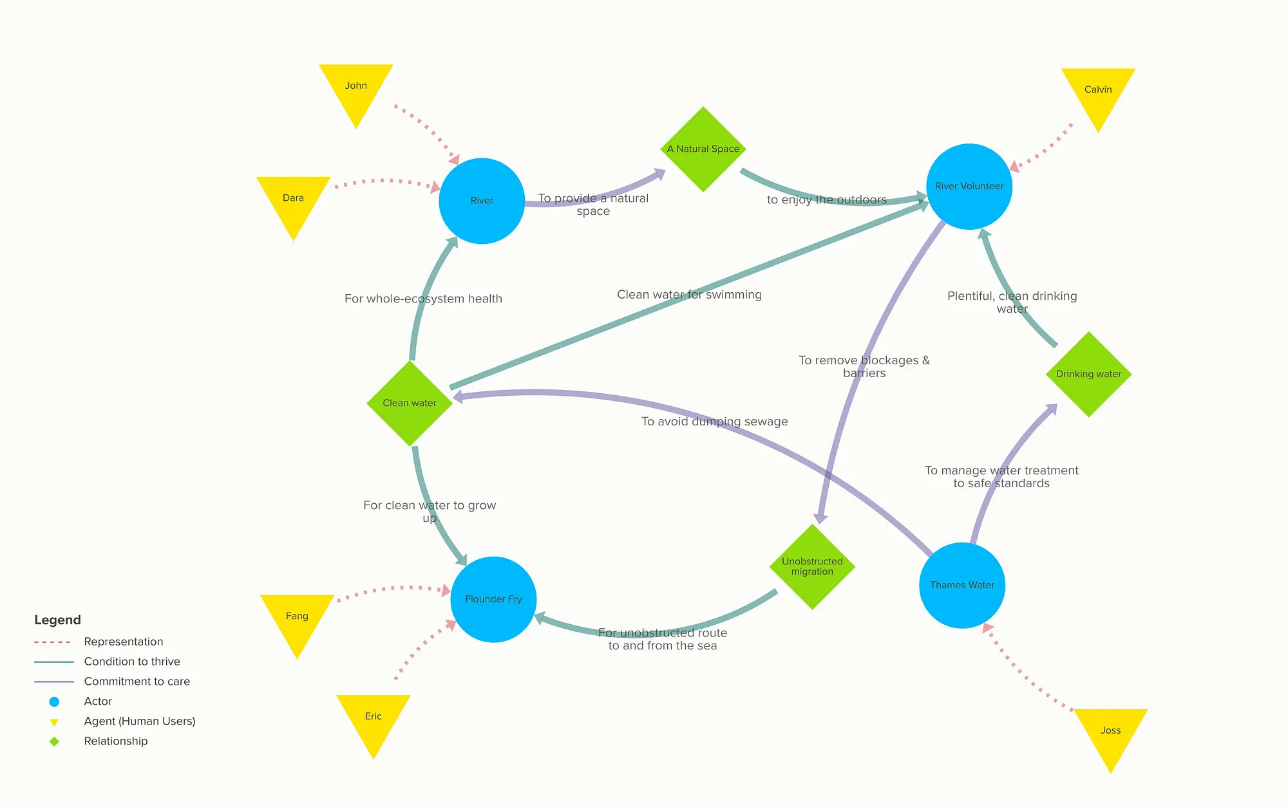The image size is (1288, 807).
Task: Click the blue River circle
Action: pyautogui.click(x=482, y=201)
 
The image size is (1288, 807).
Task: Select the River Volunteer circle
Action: pyautogui.click(x=969, y=187)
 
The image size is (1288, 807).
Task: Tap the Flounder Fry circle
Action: pyautogui.click(x=493, y=599)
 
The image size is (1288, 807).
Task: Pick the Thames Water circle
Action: pyautogui.click(x=962, y=585)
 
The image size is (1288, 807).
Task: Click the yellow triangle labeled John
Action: pyautogui.click(x=356, y=88)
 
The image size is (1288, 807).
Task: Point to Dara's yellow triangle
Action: pyautogui.click(x=293, y=200)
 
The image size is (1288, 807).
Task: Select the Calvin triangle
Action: pyautogui.click(x=1098, y=92)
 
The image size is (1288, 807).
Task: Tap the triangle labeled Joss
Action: pyautogui.click(x=1111, y=732)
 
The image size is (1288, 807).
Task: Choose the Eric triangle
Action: pyautogui.click(x=374, y=718)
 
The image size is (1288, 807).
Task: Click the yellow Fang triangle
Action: pyautogui.click(x=297, y=618)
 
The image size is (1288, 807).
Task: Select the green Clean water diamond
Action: pyautogui.click(x=410, y=403)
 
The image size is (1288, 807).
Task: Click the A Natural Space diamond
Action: pyautogui.click(x=703, y=149)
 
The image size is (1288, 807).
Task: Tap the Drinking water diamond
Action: pyautogui.click(x=1088, y=374)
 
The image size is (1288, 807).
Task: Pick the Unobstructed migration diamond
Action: pyautogui.click(x=812, y=566)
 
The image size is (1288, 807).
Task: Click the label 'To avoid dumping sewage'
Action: pyautogui.click(x=714, y=422)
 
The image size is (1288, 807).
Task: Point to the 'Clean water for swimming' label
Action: pyautogui.click(x=689, y=295)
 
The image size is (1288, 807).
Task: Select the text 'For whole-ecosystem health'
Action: pyautogui.click(x=423, y=299)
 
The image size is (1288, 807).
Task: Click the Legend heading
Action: pyautogui.click(x=57, y=620)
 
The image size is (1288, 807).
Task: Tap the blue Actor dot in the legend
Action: pyautogui.click(x=54, y=701)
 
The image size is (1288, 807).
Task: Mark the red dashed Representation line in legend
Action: pyautogui.click(x=53, y=642)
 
